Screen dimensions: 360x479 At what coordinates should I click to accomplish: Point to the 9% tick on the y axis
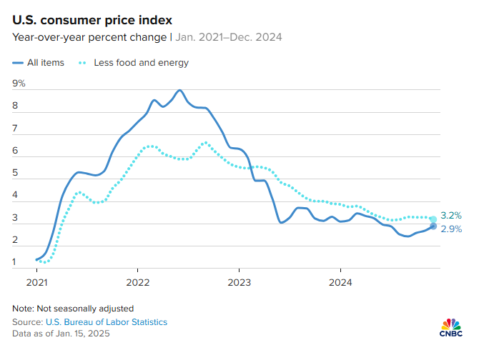pos(19,84)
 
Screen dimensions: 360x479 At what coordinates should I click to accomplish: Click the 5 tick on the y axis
pos(16,174)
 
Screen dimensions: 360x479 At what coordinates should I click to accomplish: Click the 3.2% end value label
pos(451,215)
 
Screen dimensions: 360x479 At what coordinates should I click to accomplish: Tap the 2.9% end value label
pos(451,229)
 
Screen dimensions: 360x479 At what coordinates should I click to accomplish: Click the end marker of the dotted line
pos(433,219)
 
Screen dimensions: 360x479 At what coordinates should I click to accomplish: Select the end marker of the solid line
pos(433,226)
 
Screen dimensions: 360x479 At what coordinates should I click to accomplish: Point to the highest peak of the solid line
pos(179,91)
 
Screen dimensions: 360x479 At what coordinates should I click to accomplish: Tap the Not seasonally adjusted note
pos(73,309)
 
